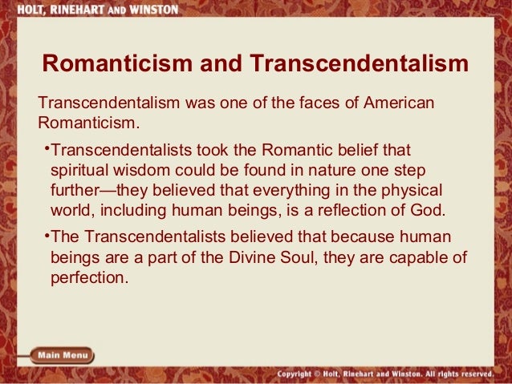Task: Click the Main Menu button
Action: (63, 355)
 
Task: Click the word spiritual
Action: (79, 171)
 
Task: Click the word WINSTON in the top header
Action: (148, 6)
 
